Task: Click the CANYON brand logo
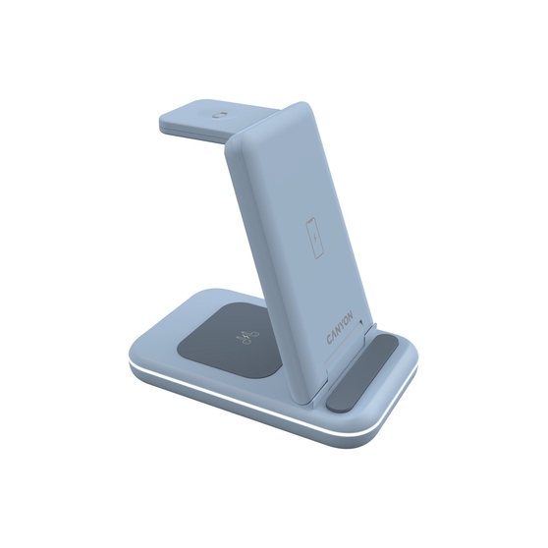pyautogui.click(x=340, y=327)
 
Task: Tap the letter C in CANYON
pyautogui.click(x=329, y=339)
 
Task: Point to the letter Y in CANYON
pyautogui.click(x=342, y=324)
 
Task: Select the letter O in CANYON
pyautogui.click(x=347, y=319)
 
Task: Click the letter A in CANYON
pyautogui.click(x=333, y=335)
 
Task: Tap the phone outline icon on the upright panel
pyautogui.click(x=315, y=239)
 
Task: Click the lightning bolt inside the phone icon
pyautogui.click(x=315, y=239)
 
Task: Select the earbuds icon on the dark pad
pyautogui.click(x=247, y=337)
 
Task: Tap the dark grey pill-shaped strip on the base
pyautogui.click(x=362, y=371)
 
